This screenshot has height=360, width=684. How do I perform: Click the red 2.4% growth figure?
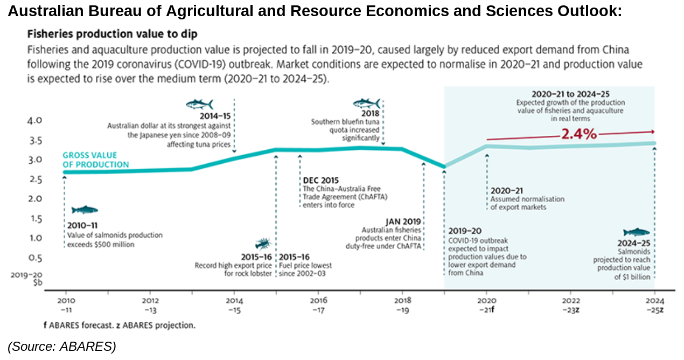pyautogui.click(x=579, y=134)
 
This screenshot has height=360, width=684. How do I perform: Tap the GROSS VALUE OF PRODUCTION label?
pyautogui.click(x=95, y=160)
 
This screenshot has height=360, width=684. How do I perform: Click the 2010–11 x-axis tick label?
pyautogui.click(x=66, y=304)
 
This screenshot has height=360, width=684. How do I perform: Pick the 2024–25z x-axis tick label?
pyautogui.click(x=654, y=304)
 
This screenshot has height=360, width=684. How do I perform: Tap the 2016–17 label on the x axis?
pyautogui.click(x=318, y=304)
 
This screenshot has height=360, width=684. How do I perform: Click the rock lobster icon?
pyautogui.click(x=263, y=244)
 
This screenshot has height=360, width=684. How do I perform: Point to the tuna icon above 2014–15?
pyautogui.click(x=199, y=103)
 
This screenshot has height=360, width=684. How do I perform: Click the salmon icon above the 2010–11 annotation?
pyautogui.click(x=85, y=210)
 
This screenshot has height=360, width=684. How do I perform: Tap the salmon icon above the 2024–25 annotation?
pyautogui.click(x=637, y=232)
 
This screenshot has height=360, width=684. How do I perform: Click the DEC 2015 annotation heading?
pyautogui.click(x=321, y=181)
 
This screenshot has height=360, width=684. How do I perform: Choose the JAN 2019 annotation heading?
pyautogui.click(x=403, y=221)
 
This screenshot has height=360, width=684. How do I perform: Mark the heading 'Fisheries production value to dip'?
pyautogui.click(x=112, y=34)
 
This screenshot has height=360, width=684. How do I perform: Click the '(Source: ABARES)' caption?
pyautogui.click(x=62, y=347)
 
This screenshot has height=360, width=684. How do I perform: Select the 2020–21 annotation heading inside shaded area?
pyautogui.click(x=506, y=191)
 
